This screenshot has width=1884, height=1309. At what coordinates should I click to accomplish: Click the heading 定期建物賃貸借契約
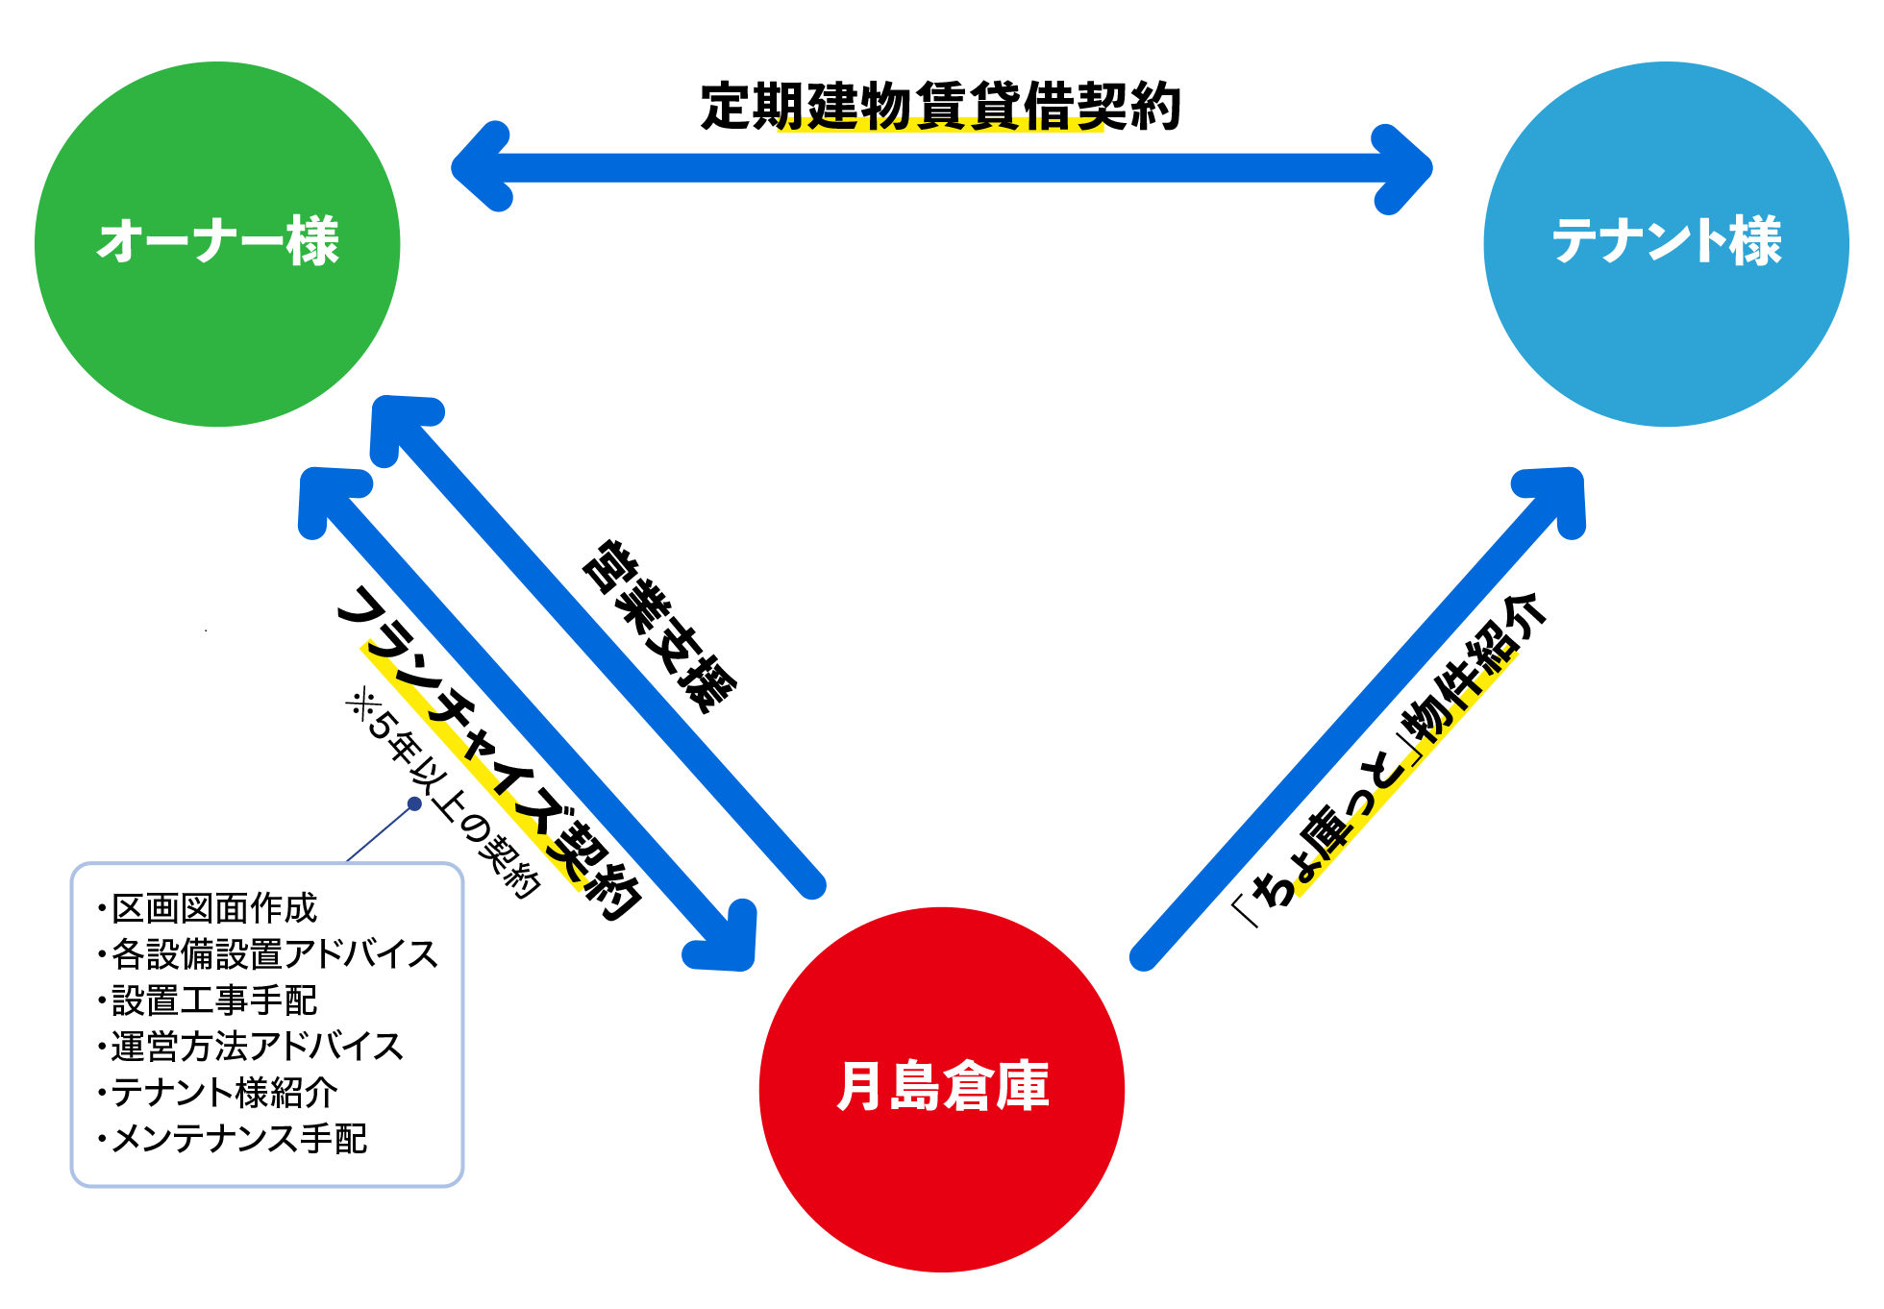tap(940, 106)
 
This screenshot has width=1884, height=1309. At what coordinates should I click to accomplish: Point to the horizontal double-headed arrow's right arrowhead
tap(1405, 167)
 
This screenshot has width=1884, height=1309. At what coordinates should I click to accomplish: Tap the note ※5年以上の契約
tap(442, 794)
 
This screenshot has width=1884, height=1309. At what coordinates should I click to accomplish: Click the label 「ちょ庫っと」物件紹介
tap(1390, 760)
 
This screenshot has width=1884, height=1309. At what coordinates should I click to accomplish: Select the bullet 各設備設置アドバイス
tap(274, 954)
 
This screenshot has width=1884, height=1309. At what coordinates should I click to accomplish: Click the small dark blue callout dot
tap(414, 803)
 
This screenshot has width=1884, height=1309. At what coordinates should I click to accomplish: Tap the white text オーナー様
tap(218, 241)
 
